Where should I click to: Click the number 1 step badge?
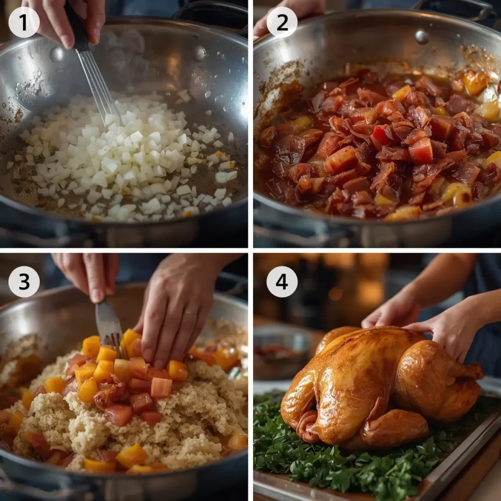[24, 23]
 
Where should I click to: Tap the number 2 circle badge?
[282, 23]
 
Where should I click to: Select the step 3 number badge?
[24, 281]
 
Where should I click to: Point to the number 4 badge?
[282, 281]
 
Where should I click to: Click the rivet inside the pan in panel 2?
[421, 37]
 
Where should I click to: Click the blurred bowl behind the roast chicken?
[281, 351]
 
